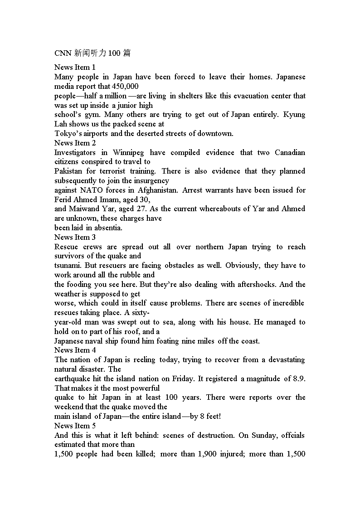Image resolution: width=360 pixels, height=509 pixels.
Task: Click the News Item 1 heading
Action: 75,68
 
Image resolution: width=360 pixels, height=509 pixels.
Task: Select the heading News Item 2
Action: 75,143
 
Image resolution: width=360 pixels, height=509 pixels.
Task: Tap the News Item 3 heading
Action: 75,237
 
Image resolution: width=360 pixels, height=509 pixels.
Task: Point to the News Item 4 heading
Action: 75,350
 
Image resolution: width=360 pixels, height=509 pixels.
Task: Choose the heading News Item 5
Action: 75,426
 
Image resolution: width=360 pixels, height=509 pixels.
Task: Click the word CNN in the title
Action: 63,53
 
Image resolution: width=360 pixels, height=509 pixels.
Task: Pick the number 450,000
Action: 125,86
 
